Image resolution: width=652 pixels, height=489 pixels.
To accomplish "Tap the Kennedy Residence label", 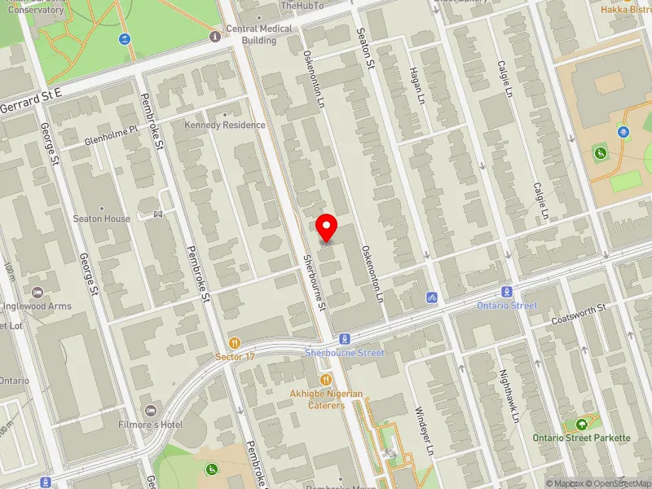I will tap(225, 125).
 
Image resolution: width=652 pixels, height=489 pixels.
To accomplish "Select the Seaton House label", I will tap(101, 218).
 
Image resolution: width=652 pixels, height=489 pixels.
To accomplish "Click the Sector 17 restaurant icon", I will tap(235, 343).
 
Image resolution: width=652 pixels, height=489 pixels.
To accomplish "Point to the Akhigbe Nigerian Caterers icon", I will tap(326, 380).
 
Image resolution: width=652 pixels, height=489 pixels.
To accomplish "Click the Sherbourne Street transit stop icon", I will tap(344, 338).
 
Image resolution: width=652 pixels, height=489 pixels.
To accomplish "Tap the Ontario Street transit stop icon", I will tap(507, 292).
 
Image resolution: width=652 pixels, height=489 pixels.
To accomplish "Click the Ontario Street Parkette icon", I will tap(581, 425).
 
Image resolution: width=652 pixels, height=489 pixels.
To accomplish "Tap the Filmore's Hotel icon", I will tap(149, 410).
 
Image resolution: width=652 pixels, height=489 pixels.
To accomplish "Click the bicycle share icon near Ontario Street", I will tap(431, 297).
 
